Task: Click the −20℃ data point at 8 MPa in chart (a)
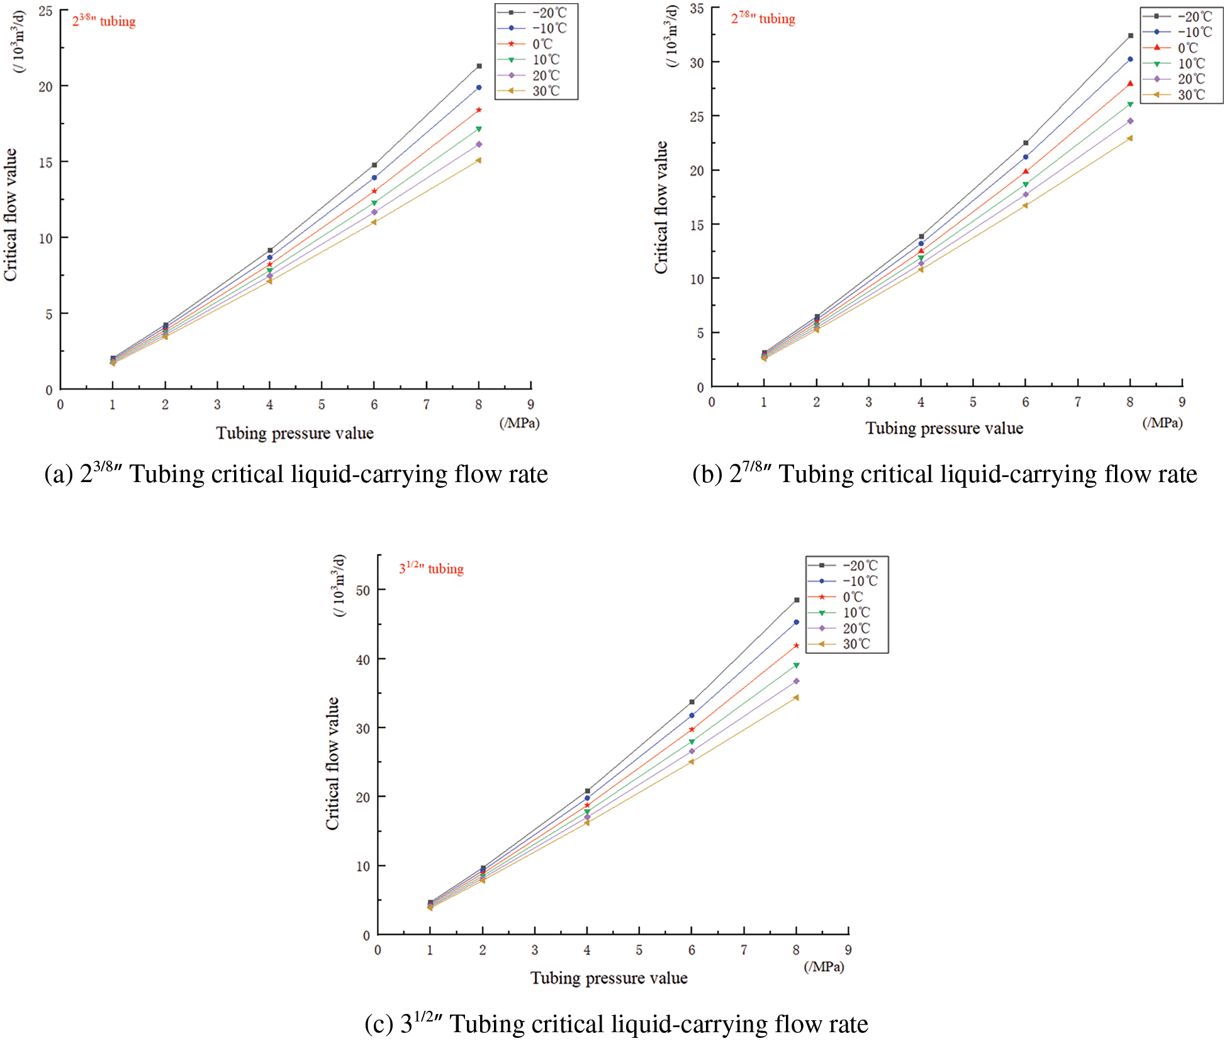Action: [479, 66]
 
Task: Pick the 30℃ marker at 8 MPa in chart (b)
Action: [1129, 138]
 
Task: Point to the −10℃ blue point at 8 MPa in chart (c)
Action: [796, 622]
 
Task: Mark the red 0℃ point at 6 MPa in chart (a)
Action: [374, 191]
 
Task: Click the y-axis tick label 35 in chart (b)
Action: [697, 9]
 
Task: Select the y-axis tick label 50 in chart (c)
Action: [362, 590]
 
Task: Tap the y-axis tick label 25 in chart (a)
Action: [45, 11]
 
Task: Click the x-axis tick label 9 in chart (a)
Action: [530, 405]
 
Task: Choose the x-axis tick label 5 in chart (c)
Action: [639, 950]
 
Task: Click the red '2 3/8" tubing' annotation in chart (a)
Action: [104, 21]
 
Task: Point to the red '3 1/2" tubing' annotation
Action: [431, 569]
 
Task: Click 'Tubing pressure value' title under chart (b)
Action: [944, 429]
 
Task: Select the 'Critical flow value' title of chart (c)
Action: [332, 763]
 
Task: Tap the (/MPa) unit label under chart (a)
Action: [519, 423]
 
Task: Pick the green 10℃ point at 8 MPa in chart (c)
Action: [796, 665]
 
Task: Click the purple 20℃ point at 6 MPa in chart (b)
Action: [1025, 194]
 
